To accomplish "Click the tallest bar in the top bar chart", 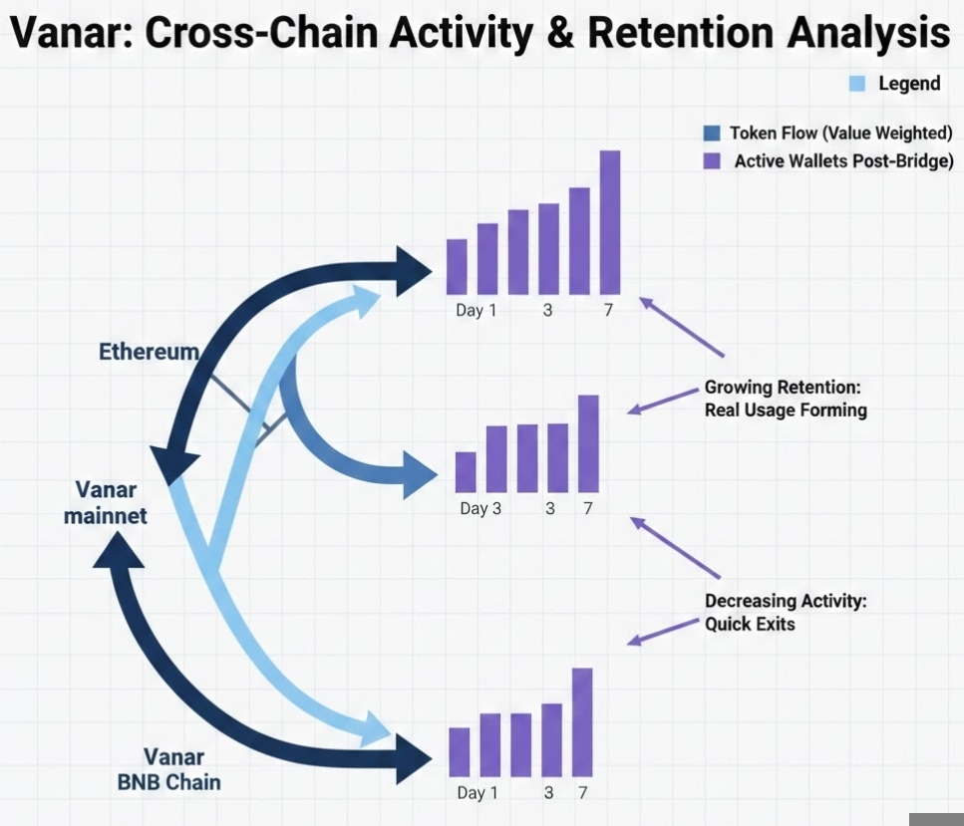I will pos(610,222).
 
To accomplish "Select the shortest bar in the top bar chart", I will pos(457,266).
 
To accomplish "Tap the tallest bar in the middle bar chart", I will pos(588,442).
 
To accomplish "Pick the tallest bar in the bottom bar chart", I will pos(582,721).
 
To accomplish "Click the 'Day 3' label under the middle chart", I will pos(481,509).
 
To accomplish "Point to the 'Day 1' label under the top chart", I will pos(476,310).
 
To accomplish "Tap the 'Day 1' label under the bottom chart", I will pos(477,793).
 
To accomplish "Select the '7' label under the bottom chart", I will pos(583,793).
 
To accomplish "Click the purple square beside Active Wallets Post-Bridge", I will pos(712,161).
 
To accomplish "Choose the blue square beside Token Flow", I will pos(711,134).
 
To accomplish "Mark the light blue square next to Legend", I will pos(856,84).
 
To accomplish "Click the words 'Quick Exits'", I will pos(749,625).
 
